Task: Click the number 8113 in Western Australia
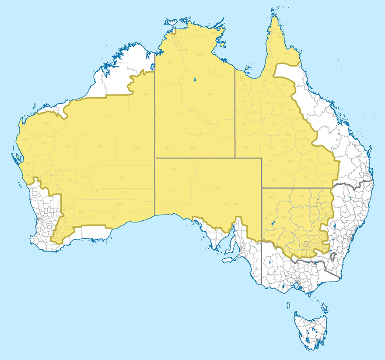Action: click(x=109, y=116)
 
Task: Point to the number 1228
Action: click(x=66, y=146)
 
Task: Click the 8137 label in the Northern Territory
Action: click(x=210, y=95)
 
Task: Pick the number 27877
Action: click(x=191, y=134)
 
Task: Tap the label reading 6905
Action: click(x=200, y=55)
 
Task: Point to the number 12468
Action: click(x=326, y=163)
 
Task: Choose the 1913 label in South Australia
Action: click(x=217, y=188)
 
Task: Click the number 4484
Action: click(x=234, y=204)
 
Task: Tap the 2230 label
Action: click(x=172, y=169)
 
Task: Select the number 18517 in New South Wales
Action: click(x=270, y=214)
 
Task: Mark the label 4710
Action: click(x=300, y=216)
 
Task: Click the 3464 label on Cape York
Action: click(x=287, y=53)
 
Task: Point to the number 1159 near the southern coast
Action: click(x=113, y=217)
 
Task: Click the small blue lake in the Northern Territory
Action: click(x=194, y=80)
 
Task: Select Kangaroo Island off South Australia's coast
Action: click(x=229, y=259)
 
